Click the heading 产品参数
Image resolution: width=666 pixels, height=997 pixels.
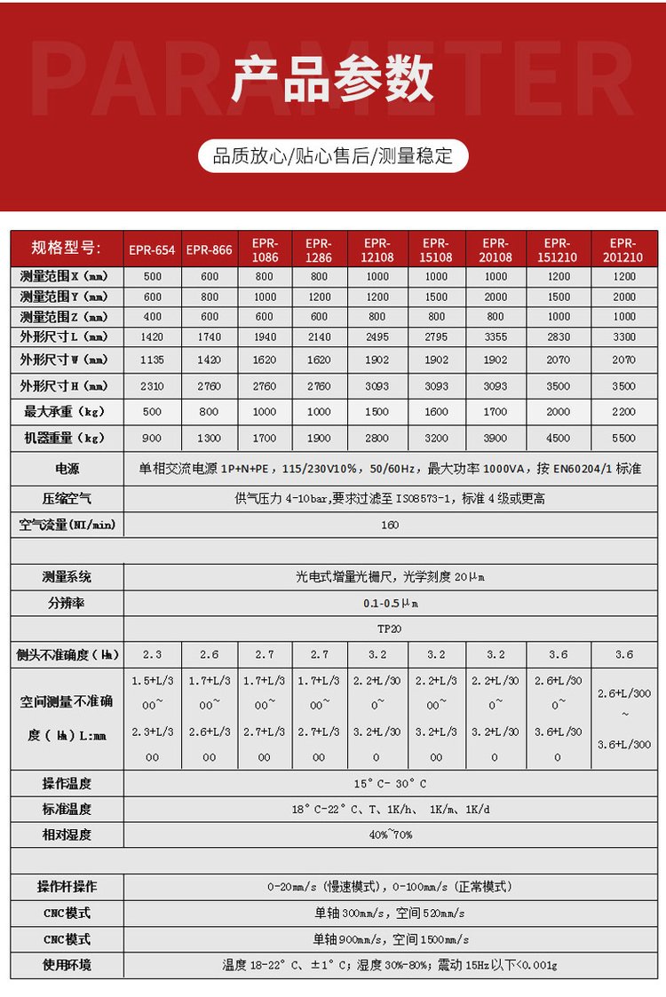[333, 80]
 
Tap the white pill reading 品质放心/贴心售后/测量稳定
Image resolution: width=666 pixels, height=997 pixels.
[333, 157]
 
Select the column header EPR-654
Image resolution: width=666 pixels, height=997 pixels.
[152, 249]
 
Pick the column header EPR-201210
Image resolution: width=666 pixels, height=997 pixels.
[623, 249]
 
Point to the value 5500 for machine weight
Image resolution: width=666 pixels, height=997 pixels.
[623, 438]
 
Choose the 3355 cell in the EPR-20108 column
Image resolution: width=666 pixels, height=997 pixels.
[496, 337]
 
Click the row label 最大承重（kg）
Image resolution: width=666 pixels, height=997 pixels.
[66, 412]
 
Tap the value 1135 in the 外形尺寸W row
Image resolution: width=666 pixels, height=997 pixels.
[152, 360]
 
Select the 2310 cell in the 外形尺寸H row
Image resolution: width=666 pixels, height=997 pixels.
[152, 386]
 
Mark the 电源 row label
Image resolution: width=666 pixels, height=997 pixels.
[67, 468]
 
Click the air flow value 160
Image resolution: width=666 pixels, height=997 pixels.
[390, 525]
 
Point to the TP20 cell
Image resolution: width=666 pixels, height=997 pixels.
[390, 629]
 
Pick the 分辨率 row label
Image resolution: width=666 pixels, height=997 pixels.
[67, 603]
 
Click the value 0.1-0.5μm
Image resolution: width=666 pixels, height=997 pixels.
[390, 603]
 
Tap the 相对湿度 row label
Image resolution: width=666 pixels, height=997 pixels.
[67, 835]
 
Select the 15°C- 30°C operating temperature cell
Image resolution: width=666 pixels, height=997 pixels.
[390, 784]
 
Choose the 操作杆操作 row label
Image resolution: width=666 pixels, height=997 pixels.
[67, 887]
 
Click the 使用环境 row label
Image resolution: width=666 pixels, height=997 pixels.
[67, 965]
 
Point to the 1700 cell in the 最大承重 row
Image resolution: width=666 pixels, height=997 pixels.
[496, 412]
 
